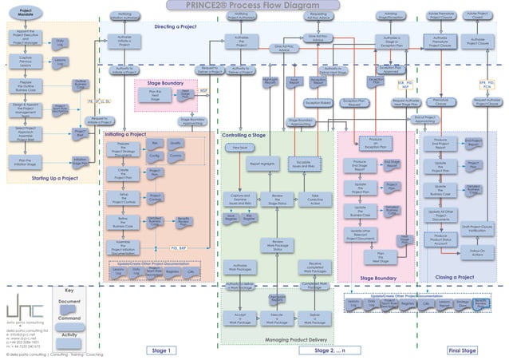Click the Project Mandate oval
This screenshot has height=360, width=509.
[25, 14]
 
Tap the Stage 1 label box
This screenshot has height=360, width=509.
[160, 350]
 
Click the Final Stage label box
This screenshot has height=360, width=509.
[463, 350]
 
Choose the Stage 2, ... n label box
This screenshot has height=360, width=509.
[334, 350]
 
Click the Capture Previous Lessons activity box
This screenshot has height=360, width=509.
[25, 61]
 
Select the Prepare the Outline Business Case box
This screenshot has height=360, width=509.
[25, 85]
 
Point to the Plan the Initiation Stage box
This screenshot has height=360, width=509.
[25, 162]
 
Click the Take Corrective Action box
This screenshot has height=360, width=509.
[315, 200]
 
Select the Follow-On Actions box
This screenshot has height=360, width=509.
[477, 252]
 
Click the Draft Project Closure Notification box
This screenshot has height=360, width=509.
[477, 227]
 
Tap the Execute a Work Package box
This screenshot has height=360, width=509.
[278, 318]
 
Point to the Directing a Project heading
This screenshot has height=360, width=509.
[176, 26]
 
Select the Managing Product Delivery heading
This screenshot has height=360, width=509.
[280, 340]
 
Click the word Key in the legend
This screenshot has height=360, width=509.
[69, 291]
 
